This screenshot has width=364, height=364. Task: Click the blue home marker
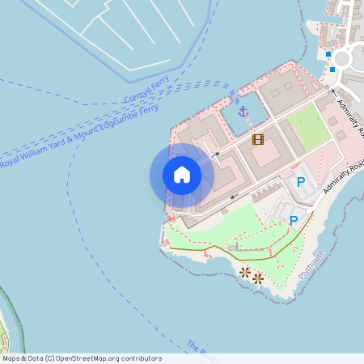coord(182,175)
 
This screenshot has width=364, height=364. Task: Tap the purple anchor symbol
coord(243,111)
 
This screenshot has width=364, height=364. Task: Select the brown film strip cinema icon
coord(258,139)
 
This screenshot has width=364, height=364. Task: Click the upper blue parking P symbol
coord(301,183)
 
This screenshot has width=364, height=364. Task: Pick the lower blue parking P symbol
coord(294,219)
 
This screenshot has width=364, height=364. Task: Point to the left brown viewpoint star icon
coord(244,272)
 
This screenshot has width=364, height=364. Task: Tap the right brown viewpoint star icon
coord(258,278)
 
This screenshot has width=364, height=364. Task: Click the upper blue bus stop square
coord(329,54)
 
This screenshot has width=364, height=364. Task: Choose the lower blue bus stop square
coord(332,70)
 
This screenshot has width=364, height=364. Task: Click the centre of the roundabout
coord(342,58)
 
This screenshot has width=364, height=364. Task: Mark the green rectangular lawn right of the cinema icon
coord(308,127)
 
